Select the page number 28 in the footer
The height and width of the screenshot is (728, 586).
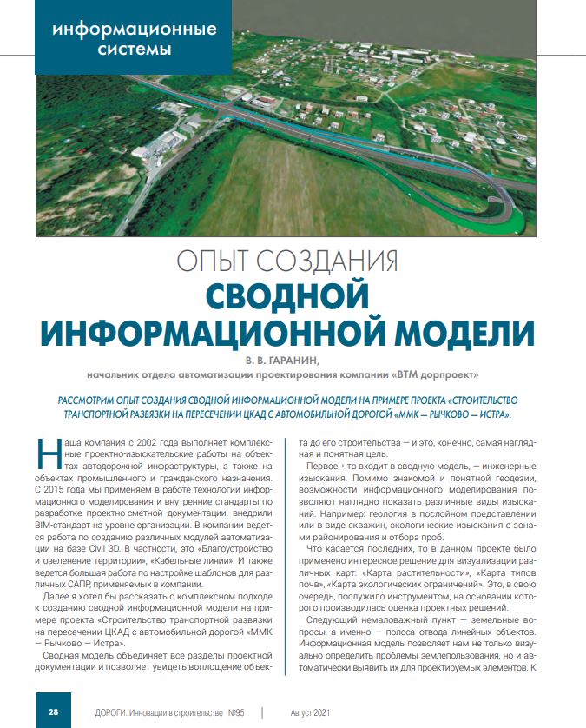click(x=53, y=712)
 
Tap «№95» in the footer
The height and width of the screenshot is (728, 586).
click(x=236, y=712)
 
